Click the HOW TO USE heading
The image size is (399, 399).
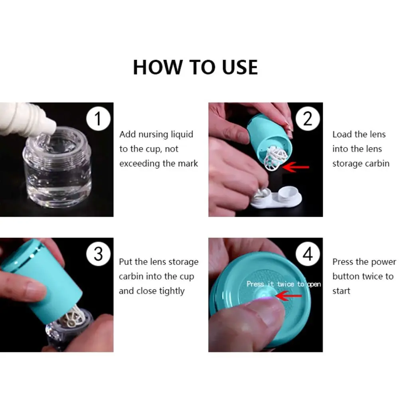point(195,67)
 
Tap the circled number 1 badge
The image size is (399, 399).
point(98,119)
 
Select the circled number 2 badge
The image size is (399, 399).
point(308,119)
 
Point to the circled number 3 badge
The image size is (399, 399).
point(98,254)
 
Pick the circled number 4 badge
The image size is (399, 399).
point(308,254)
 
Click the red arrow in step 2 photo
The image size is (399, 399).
point(296,167)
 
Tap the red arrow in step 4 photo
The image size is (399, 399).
point(289,296)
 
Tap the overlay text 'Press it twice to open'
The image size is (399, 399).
point(283,284)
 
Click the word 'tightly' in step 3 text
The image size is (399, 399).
point(172,291)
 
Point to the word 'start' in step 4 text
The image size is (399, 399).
point(341,291)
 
